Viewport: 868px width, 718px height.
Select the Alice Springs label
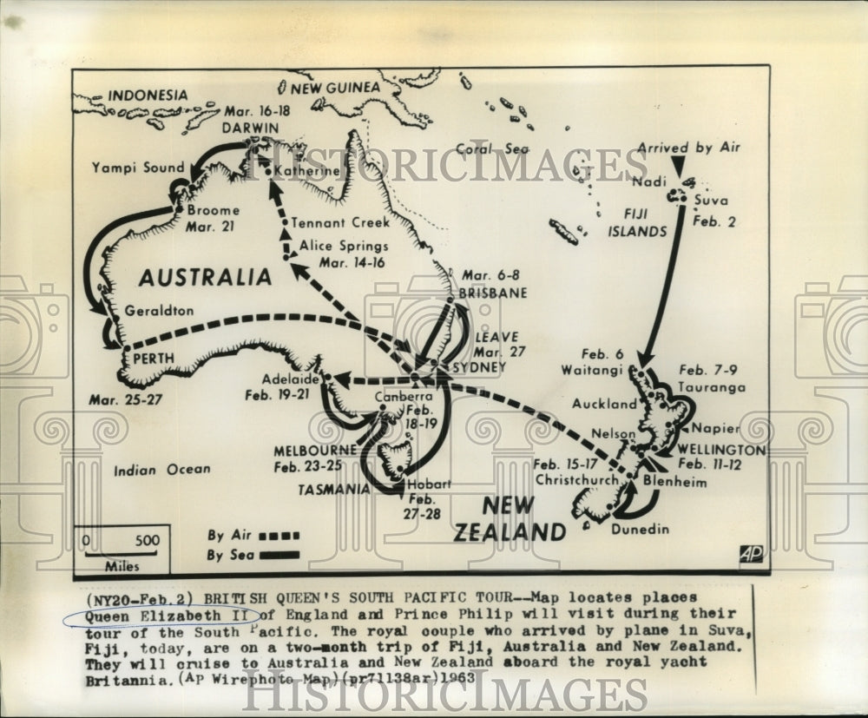click(x=344, y=246)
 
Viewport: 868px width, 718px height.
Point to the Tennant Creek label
click(x=341, y=221)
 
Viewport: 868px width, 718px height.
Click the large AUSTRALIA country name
click(x=205, y=277)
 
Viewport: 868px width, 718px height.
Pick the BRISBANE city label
click(x=493, y=293)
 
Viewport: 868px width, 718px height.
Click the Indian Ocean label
click(x=162, y=470)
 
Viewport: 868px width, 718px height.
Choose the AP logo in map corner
click(x=752, y=554)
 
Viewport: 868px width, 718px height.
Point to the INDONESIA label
click(x=148, y=95)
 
